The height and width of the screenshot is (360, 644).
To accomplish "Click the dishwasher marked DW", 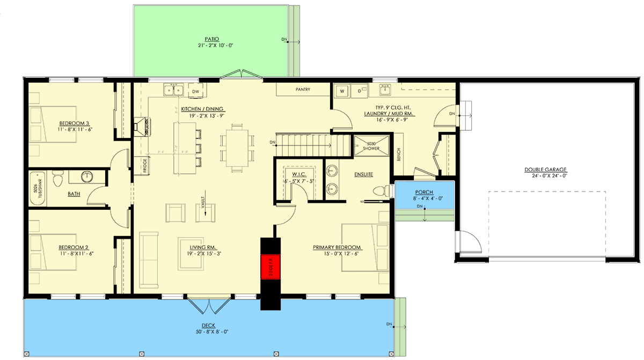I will [195, 92].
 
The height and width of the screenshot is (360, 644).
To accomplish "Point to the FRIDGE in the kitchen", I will [145, 166].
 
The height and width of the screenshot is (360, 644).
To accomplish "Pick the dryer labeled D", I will [359, 91].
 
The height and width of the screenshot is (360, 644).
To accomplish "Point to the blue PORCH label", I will [424, 192].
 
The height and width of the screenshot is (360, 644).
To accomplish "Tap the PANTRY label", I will [303, 90].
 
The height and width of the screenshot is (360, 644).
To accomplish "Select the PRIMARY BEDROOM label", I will [337, 247].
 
